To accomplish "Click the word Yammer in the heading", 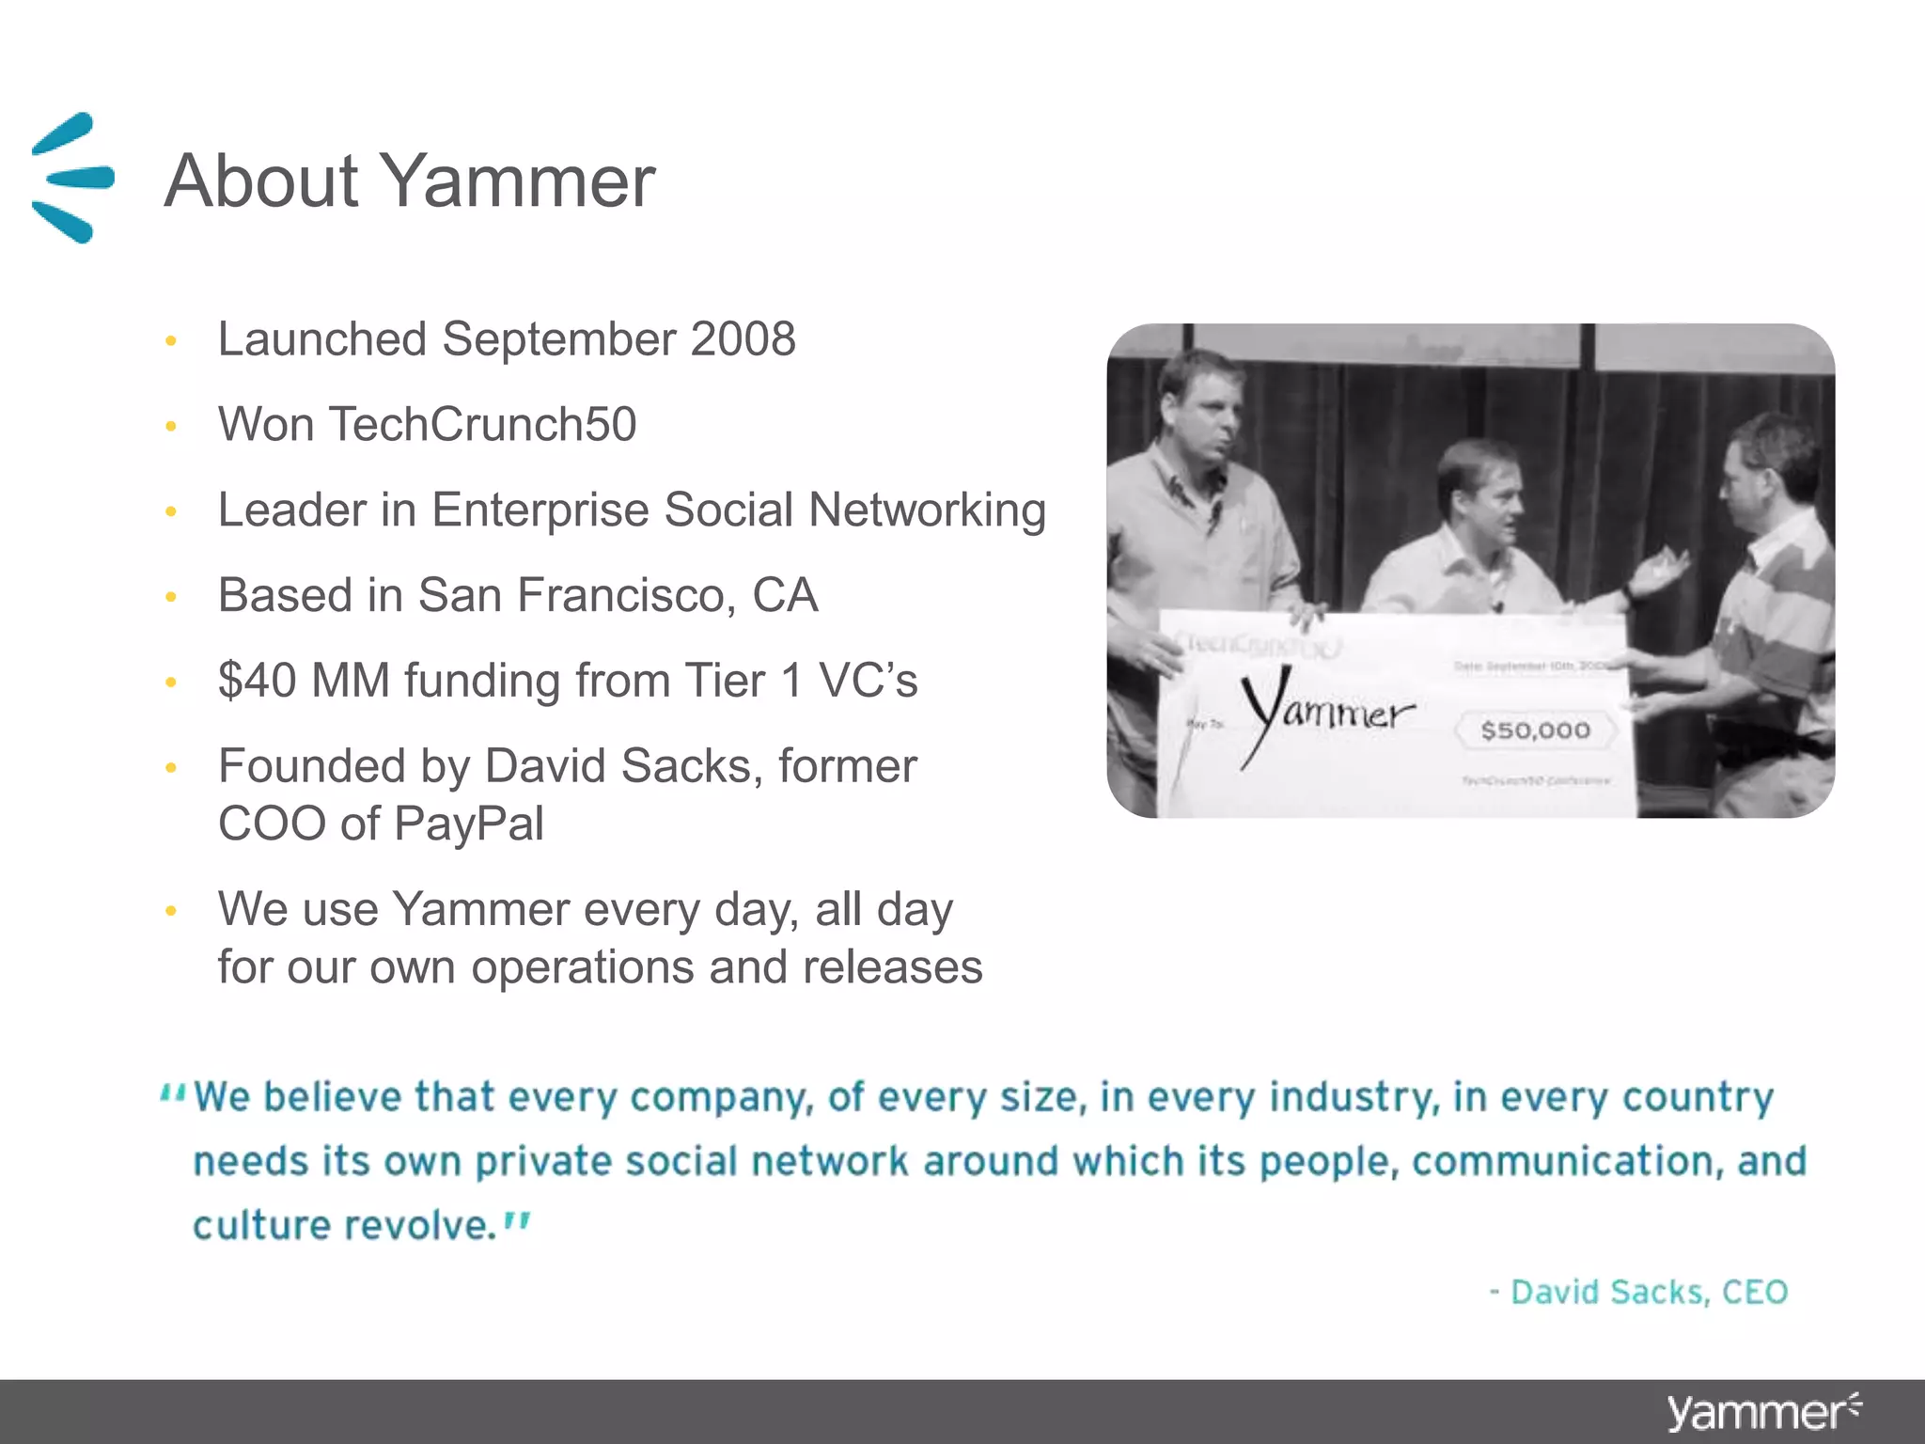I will click(517, 180).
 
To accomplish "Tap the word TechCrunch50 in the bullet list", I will click(482, 424).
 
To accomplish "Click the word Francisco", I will click(624, 595).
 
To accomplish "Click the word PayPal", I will click(469, 824).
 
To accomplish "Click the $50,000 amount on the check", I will click(1535, 730).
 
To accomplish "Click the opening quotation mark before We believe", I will click(172, 1092).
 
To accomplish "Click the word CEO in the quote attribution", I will click(1754, 1293).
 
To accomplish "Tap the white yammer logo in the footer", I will click(1762, 1413).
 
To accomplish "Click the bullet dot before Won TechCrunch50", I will click(171, 426).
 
